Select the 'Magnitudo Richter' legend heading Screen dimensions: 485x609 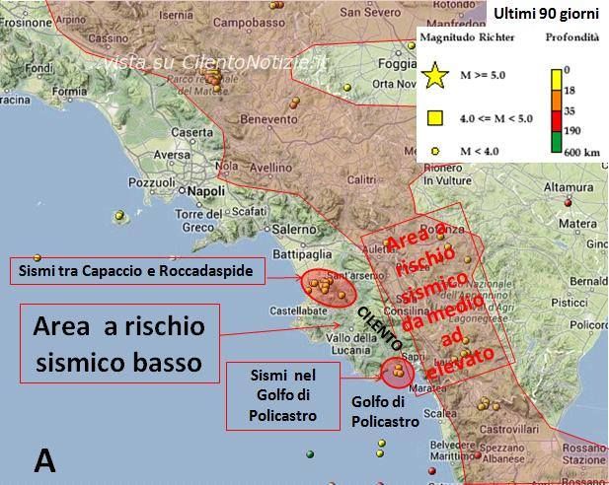[465, 37]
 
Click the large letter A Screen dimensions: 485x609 [44, 458]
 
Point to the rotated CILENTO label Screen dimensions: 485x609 [379, 329]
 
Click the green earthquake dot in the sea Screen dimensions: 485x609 [310, 454]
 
